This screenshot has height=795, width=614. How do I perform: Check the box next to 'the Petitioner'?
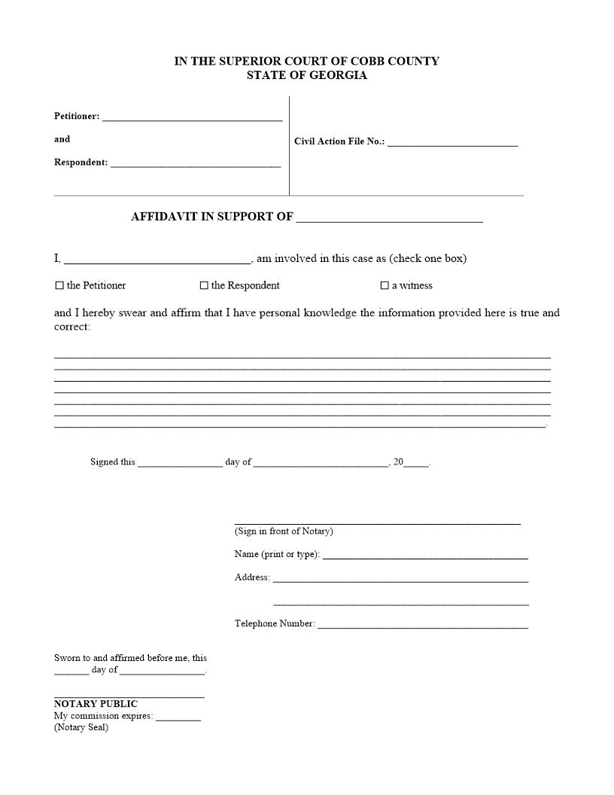click(59, 286)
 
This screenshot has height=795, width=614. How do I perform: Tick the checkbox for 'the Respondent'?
click(204, 286)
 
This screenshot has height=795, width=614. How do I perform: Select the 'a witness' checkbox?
click(385, 286)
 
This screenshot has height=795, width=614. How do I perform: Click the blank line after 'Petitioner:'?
click(192, 117)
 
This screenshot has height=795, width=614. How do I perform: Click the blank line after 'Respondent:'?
click(196, 163)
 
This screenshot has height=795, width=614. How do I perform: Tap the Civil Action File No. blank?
click(452, 142)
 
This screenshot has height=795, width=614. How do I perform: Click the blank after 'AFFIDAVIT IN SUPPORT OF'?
click(389, 218)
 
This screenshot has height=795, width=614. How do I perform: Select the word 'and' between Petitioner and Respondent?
click(62, 139)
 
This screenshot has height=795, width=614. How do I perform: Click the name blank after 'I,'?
click(157, 260)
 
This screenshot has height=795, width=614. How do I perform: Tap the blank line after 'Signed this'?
click(180, 464)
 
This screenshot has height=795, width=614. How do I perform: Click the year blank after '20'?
click(416, 464)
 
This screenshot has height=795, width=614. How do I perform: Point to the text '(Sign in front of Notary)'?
click(284, 532)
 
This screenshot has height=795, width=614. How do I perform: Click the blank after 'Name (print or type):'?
click(425, 556)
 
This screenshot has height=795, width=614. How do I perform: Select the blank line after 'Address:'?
click(400, 579)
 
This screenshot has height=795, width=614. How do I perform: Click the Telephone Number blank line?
click(422, 626)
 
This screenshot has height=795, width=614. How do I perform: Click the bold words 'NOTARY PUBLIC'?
click(96, 705)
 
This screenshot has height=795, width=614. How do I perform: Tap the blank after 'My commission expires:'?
click(178, 717)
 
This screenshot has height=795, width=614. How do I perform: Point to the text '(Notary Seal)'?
click(81, 728)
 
